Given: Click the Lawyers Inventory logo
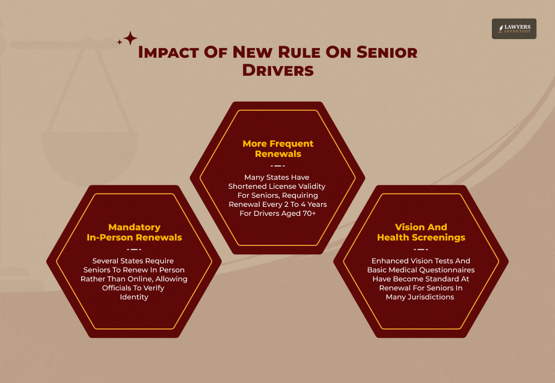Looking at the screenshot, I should pyautogui.click(x=514, y=28).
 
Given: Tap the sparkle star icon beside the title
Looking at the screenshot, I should pyautogui.click(x=129, y=39).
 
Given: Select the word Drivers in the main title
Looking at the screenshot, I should pyautogui.click(x=278, y=70).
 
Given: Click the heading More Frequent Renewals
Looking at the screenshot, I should pyautogui.click(x=278, y=149).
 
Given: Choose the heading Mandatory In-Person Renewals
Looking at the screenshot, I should pyautogui.click(x=134, y=232).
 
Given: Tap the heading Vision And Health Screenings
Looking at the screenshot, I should pyautogui.click(x=421, y=232).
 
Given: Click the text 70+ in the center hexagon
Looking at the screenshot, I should pyautogui.click(x=312, y=213).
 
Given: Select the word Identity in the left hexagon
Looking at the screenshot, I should pyautogui.click(x=134, y=297).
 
